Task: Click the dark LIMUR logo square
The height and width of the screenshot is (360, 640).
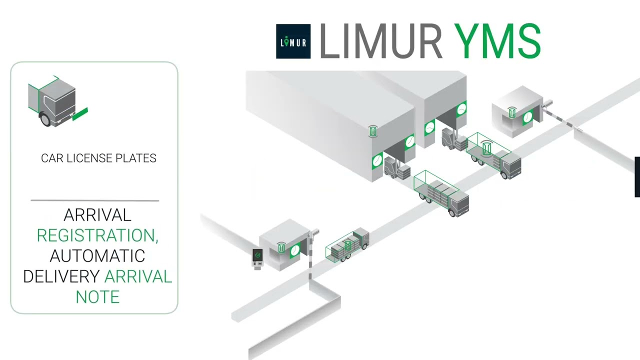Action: click(293, 41)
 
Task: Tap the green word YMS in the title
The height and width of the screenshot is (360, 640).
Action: click(497, 41)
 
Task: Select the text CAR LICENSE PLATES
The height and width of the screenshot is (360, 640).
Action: click(98, 158)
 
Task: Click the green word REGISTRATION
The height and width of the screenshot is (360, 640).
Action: click(97, 235)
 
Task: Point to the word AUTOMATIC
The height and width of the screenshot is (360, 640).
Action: click(97, 256)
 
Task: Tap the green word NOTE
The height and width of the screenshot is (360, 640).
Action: click(97, 297)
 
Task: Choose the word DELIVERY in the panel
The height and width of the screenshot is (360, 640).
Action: click(61, 276)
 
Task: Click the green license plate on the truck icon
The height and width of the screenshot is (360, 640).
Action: click(80, 114)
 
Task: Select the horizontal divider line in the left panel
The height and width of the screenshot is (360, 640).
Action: click(95, 200)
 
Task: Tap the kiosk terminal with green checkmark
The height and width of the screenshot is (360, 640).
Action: click(257, 258)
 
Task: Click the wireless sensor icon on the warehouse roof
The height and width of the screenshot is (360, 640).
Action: click(372, 131)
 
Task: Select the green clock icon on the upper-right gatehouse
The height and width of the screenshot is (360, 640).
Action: click(528, 118)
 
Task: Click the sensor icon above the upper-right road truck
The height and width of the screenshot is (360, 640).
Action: click(487, 147)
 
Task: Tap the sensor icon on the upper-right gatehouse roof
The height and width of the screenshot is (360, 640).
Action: click(512, 112)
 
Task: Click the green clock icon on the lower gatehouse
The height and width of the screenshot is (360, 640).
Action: click(295, 249)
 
